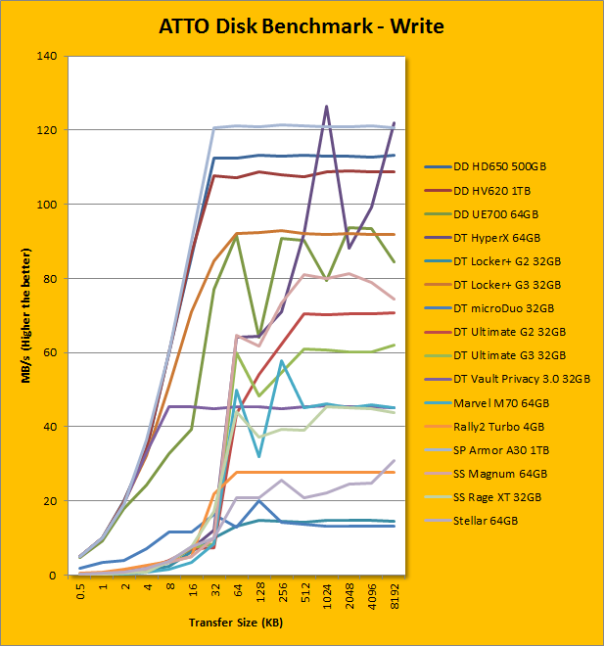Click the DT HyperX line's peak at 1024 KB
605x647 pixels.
click(326, 107)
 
